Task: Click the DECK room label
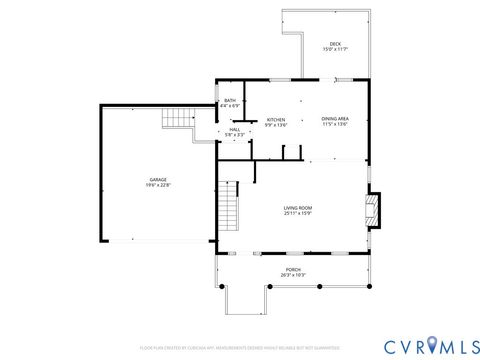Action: (334, 44)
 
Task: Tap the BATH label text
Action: (230, 100)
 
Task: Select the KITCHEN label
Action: (276, 119)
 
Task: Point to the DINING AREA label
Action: (335, 119)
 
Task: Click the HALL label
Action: (235, 129)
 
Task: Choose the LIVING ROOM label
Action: (298, 207)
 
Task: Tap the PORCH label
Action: (292, 270)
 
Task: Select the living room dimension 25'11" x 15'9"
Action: (298, 213)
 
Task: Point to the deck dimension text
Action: (334, 50)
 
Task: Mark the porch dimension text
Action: (292, 276)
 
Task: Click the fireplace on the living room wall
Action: (374, 208)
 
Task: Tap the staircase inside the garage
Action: (178, 119)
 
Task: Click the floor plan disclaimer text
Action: (240, 349)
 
